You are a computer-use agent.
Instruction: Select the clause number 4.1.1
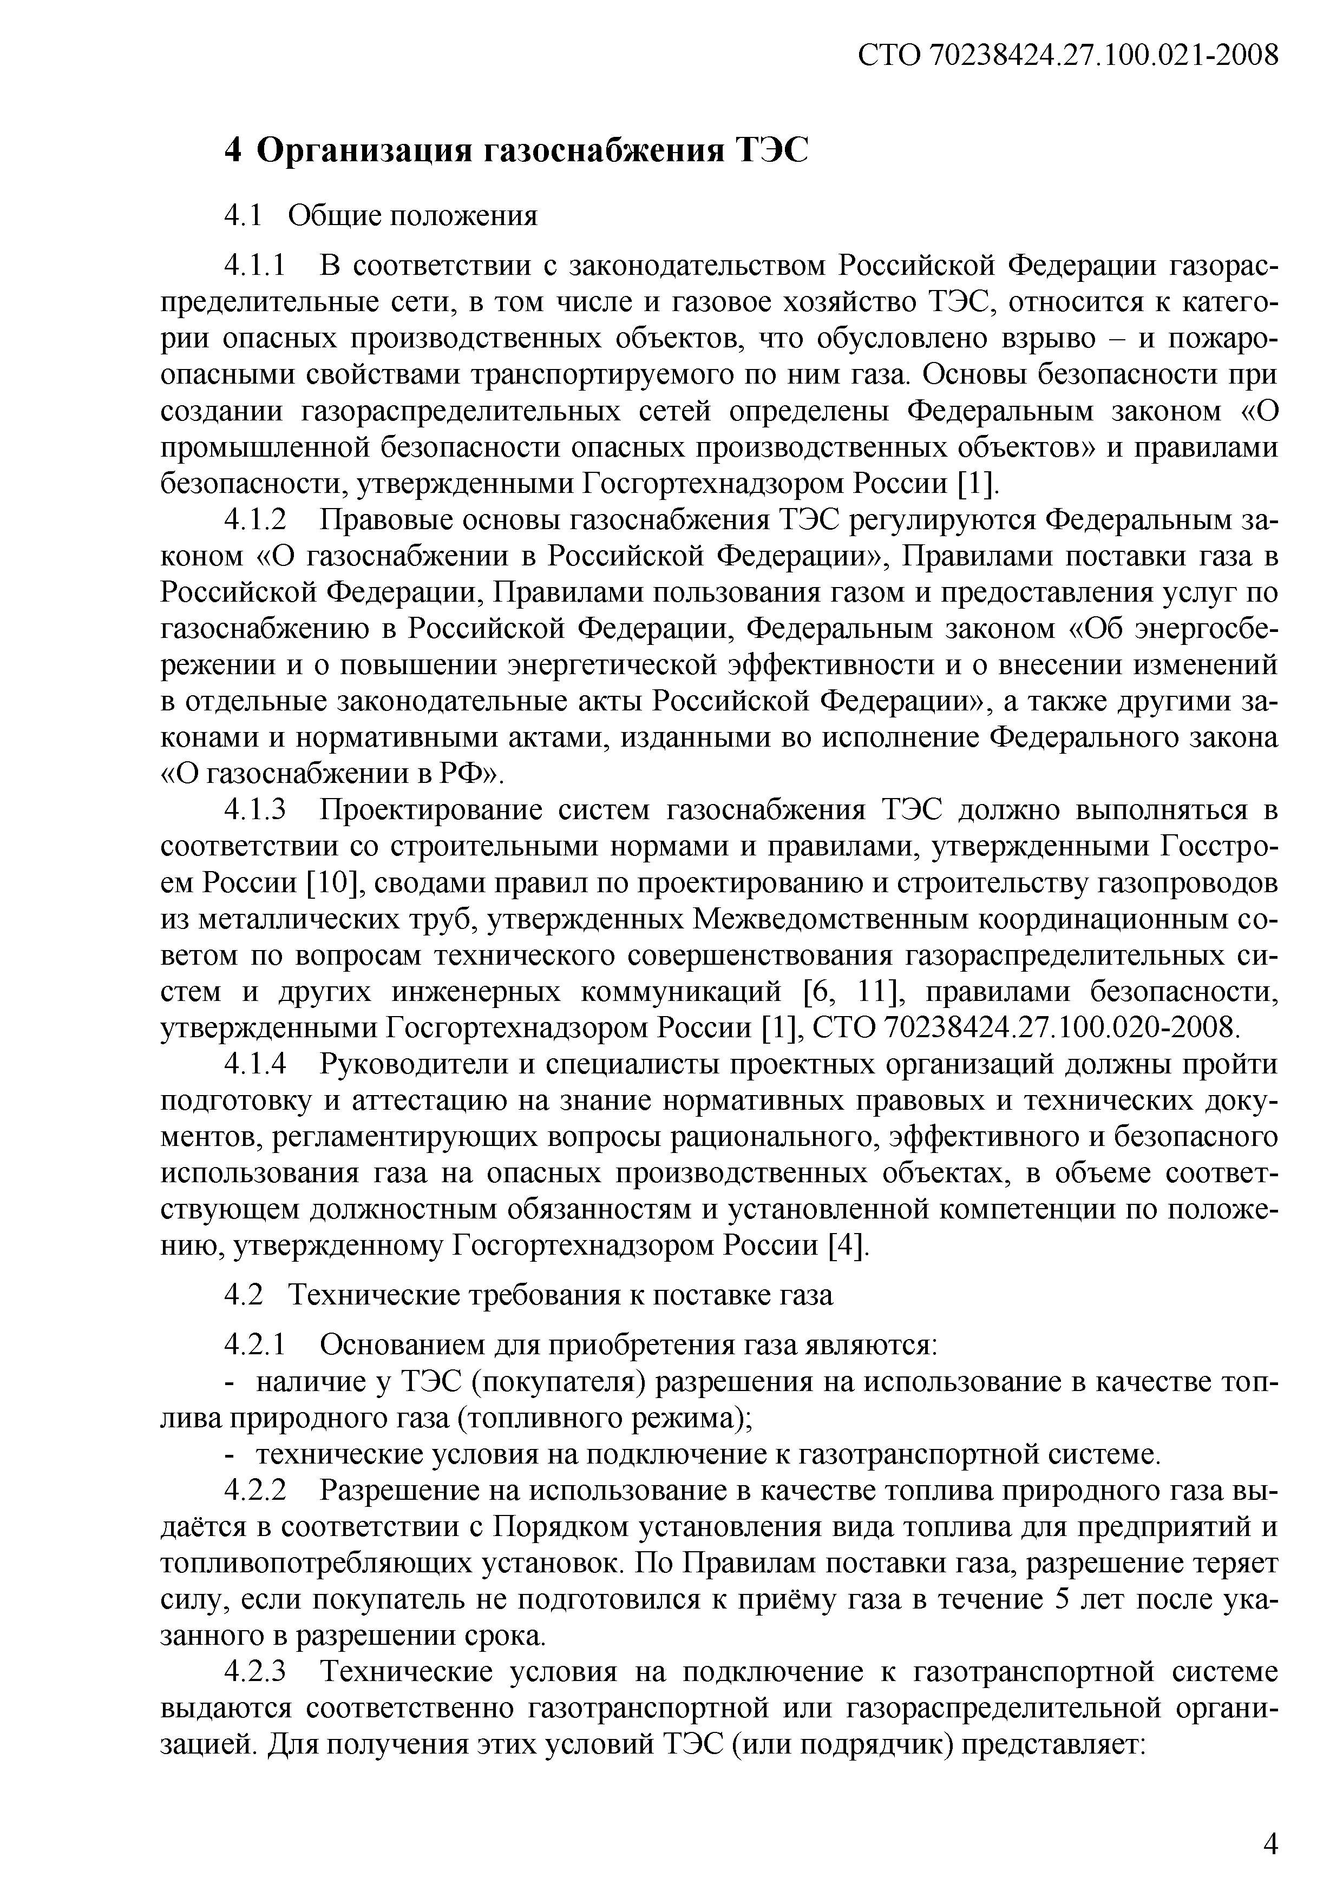256,266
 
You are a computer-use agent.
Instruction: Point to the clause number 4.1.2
256,521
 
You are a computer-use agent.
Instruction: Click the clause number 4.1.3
256,810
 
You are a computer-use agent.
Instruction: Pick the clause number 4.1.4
256,1064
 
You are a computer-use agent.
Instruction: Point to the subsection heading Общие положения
412,216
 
